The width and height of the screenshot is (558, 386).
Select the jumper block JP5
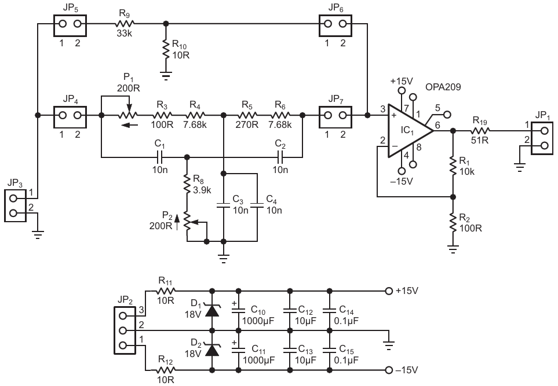pyautogui.click(x=70, y=24)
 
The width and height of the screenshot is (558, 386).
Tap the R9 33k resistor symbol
pyautogui.click(x=125, y=24)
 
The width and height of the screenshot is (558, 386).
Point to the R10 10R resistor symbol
pyautogui.click(x=166, y=49)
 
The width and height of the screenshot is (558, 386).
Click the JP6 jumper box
pyautogui.click(x=335, y=24)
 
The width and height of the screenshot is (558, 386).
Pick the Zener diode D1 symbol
pyautogui.click(x=213, y=311)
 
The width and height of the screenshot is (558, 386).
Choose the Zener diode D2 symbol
pyautogui.click(x=213, y=350)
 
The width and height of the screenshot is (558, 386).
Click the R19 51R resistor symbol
pyautogui.click(x=480, y=131)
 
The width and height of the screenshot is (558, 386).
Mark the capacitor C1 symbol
pyautogui.click(x=160, y=156)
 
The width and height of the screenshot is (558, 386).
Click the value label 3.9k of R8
pyautogui.click(x=202, y=191)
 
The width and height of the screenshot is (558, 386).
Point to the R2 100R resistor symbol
pyautogui.click(x=453, y=223)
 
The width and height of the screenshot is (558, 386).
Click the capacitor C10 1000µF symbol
pyautogui.click(x=238, y=311)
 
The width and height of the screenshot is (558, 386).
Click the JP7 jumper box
pyautogui.click(x=335, y=115)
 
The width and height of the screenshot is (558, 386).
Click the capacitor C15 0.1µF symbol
pyautogui.click(x=330, y=350)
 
